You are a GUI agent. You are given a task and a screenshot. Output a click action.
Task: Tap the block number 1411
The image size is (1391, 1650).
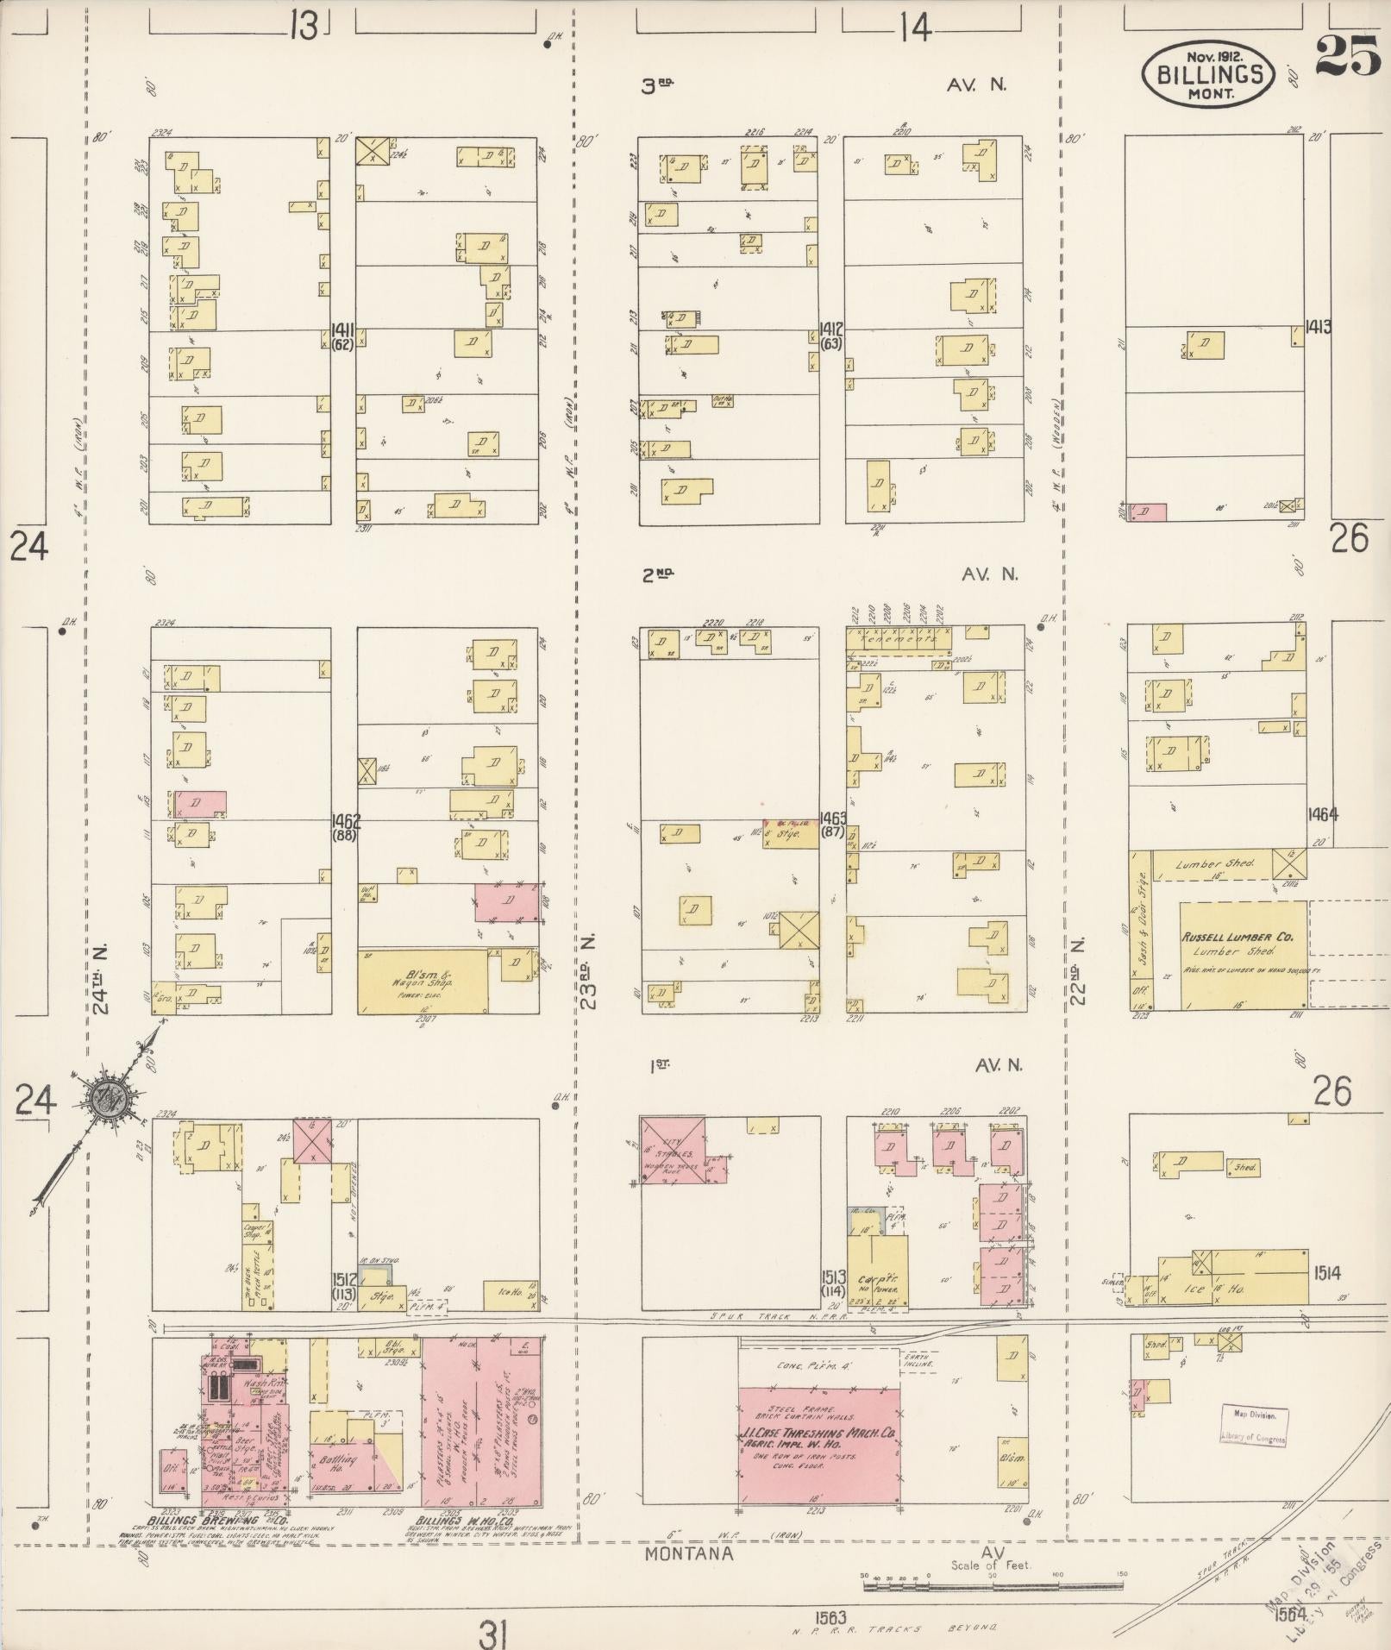coord(343,329)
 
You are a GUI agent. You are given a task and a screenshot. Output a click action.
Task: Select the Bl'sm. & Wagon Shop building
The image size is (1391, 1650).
coord(422,982)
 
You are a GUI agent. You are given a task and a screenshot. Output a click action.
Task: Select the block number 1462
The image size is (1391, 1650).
coord(344,820)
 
